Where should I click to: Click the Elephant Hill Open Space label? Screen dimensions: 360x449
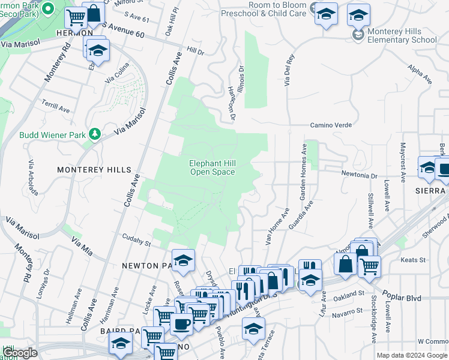(x=212, y=167)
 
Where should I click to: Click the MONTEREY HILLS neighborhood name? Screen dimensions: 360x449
(x=94, y=170)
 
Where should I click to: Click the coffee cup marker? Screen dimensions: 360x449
(x=182, y=323)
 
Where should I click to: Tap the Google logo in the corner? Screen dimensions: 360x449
(x=19, y=353)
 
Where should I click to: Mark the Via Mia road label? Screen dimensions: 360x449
(x=82, y=246)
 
